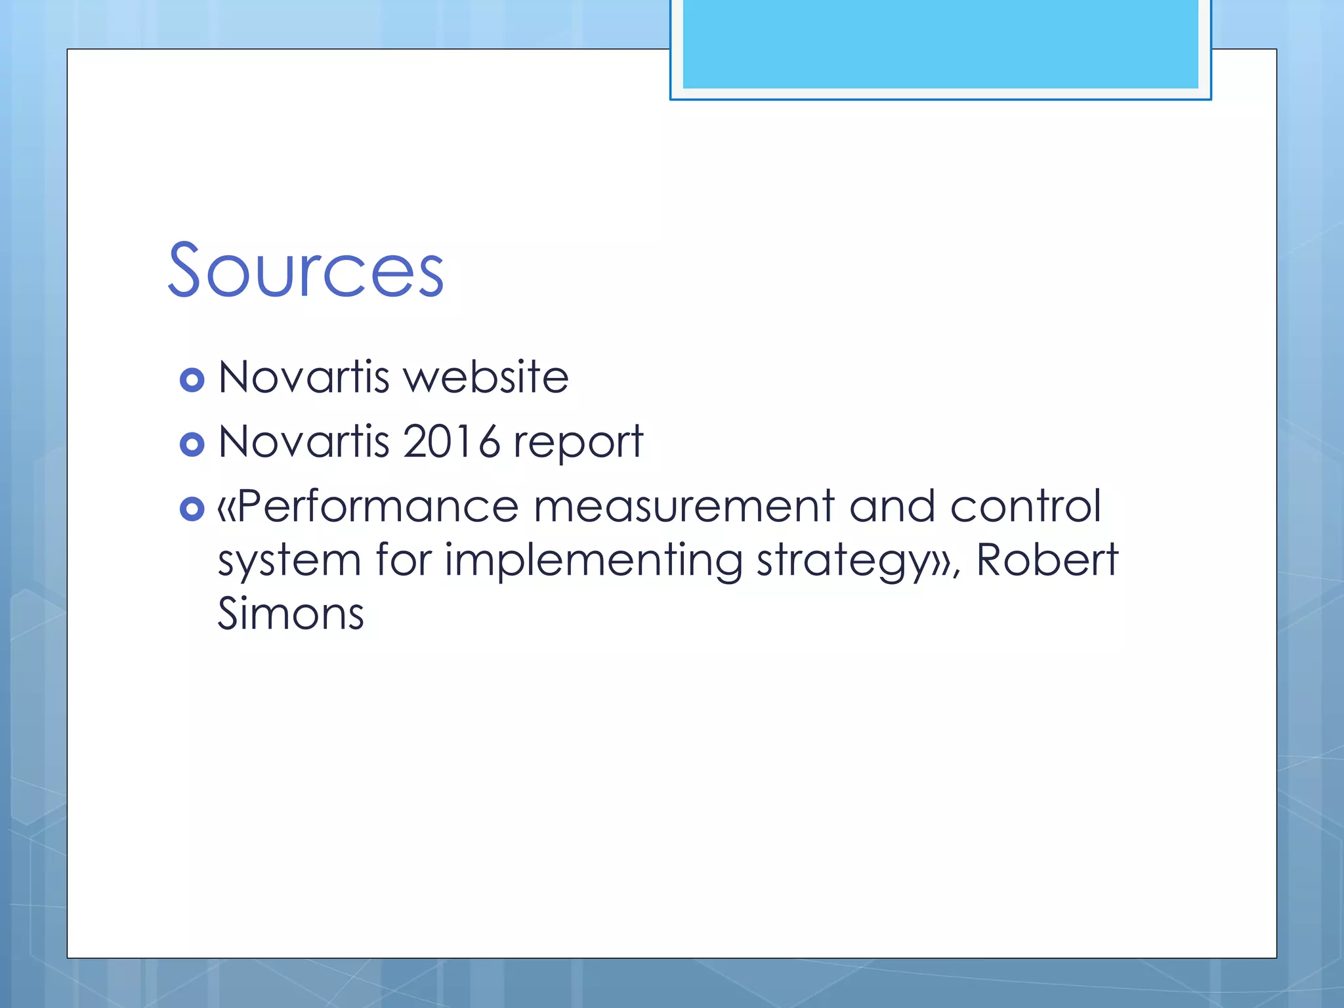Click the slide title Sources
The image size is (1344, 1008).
[306, 270]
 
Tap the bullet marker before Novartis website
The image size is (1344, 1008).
[192, 380]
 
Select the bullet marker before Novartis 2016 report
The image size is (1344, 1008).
[192, 445]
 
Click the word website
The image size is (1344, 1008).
[486, 377]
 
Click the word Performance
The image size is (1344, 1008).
[378, 507]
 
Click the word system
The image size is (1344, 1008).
[289, 562]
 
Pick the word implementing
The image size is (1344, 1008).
[594, 562]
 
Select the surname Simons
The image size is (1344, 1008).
[291, 614]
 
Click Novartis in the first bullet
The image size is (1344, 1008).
[304, 377]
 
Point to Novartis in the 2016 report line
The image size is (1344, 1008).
[304, 442]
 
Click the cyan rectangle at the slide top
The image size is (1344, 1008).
[940, 44]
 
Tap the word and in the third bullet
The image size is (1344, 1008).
[892, 507]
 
